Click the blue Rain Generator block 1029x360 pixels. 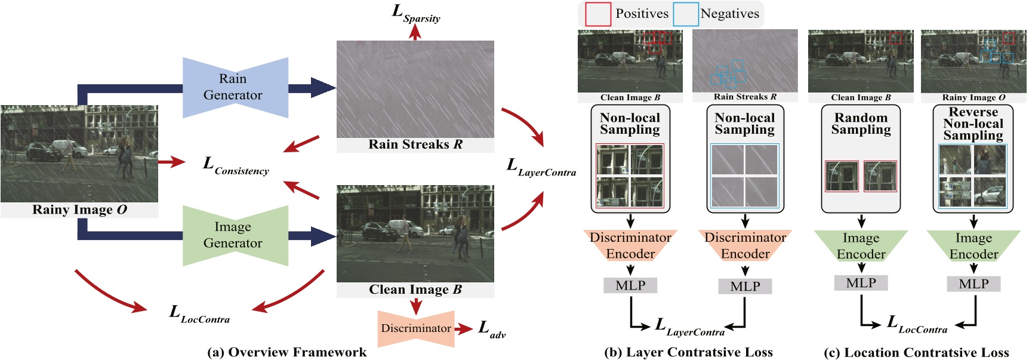(x=235, y=87)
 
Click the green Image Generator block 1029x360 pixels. (x=235, y=235)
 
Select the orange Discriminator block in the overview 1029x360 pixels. (x=416, y=328)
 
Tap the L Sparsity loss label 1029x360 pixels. (x=416, y=14)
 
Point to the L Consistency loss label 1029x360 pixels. (x=236, y=166)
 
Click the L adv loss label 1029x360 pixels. (x=492, y=330)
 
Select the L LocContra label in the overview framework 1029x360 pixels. (x=199, y=314)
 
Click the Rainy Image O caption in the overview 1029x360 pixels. (x=79, y=210)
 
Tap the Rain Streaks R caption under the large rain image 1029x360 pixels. (x=415, y=144)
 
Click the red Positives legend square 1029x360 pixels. (x=597, y=14)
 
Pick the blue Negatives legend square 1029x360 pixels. (x=686, y=14)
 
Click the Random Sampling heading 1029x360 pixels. (x=861, y=124)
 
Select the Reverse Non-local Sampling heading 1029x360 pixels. (x=973, y=124)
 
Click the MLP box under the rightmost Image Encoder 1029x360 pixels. (x=973, y=284)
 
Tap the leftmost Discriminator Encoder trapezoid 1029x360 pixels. (x=630, y=245)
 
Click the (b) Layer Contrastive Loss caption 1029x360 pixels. (x=688, y=352)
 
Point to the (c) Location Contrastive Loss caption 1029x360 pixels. (x=916, y=352)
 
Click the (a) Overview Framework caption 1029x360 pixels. (x=286, y=352)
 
